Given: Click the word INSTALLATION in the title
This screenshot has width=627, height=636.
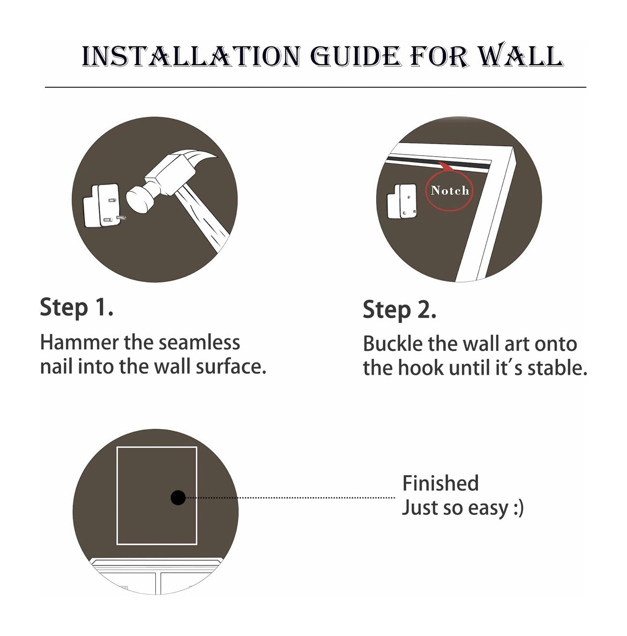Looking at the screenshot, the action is click(x=191, y=56).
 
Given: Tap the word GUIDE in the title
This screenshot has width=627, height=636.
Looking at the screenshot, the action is click(x=355, y=56).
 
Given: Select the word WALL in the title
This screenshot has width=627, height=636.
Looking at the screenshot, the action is click(x=520, y=55).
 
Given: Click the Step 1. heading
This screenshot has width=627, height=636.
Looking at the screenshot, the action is click(x=76, y=308).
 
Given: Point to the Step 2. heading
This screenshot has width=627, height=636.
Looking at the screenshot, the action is click(x=399, y=310).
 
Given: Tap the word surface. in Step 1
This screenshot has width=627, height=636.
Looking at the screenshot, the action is click(x=231, y=367).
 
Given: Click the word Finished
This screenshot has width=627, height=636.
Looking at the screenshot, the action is click(x=440, y=483).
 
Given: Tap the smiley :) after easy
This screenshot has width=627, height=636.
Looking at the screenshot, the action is click(x=519, y=508).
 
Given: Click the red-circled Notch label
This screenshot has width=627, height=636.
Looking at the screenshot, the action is click(x=449, y=191).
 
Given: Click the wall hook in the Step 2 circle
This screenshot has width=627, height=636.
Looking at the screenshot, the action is click(x=402, y=202).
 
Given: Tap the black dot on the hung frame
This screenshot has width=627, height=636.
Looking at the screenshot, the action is click(x=178, y=498).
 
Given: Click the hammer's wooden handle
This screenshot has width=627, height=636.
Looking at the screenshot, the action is click(x=202, y=218).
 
